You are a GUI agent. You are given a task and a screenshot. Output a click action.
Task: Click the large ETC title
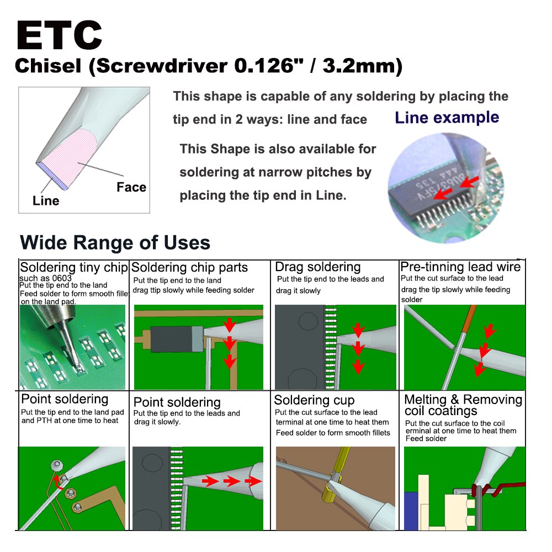click(x=59, y=35)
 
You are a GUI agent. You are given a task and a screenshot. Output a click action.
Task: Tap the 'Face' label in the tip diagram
click(x=131, y=187)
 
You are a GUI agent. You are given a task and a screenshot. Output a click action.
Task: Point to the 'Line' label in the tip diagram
click(x=46, y=201)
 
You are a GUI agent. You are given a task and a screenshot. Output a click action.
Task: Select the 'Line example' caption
click(x=447, y=118)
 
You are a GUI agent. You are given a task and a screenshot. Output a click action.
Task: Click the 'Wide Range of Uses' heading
click(x=115, y=242)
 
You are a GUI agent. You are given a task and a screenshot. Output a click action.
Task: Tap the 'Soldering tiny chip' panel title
click(x=74, y=267)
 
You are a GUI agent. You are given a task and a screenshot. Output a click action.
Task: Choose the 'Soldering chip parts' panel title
click(x=189, y=268)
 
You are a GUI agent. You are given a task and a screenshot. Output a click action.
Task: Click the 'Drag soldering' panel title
click(x=318, y=267)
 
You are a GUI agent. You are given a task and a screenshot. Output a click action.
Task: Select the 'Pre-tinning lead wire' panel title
click(x=460, y=267)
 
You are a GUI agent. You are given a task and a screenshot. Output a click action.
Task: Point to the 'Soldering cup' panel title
click(x=314, y=400)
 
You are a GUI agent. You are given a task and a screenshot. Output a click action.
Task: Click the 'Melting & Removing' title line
click(x=463, y=400)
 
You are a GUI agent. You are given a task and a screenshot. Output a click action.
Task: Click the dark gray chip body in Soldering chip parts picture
click(x=171, y=339)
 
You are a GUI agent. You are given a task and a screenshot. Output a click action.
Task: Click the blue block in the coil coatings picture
click(x=412, y=511)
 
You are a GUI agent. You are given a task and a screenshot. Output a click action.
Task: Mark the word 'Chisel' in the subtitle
click(x=48, y=66)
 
